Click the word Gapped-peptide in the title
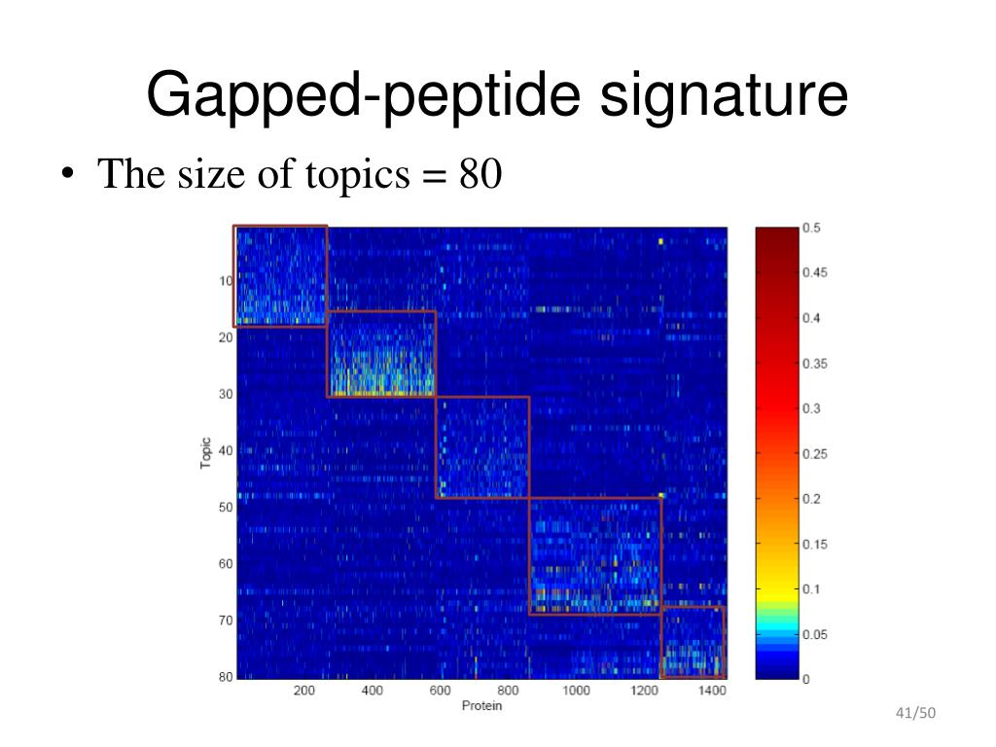click(x=364, y=96)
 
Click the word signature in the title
click(x=724, y=96)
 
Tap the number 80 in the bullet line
click(x=480, y=173)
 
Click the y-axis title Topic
click(x=205, y=453)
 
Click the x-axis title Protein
click(x=481, y=706)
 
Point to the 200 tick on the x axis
click(x=303, y=691)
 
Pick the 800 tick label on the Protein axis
click(x=508, y=691)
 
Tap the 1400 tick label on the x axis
click(x=711, y=691)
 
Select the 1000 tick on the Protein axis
click(x=576, y=691)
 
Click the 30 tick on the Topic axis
click(x=226, y=394)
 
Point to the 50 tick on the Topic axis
click(x=226, y=507)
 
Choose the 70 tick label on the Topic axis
click(x=226, y=620)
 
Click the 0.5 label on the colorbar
click(x=811, y=228)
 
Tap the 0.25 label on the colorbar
click(x=815, y=453)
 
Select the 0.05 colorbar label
click(x=815, y=634)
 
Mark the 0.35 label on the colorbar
click(x=815, y=364)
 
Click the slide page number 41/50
click(x=915, y=713)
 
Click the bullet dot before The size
click(x=68, y=173)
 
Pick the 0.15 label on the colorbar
click(x=815, y=544)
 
